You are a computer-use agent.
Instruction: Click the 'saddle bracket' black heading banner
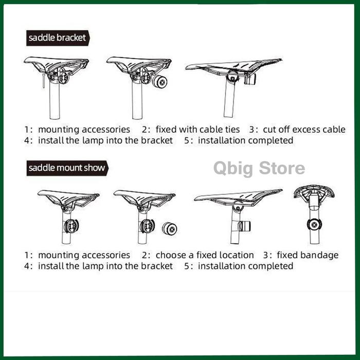58,38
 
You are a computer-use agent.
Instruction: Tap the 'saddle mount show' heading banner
67,168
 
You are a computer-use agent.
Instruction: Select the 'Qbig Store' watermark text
259,169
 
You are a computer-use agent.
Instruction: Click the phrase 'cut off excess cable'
304,130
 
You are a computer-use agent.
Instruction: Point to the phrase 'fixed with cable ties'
197,130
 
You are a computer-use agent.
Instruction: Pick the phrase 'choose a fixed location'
205,255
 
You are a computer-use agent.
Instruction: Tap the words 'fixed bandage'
308,255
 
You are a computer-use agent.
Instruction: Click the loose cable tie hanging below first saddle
44,81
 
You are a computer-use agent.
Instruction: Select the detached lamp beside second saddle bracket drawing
159,81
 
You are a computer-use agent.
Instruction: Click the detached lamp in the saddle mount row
169,228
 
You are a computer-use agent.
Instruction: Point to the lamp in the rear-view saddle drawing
314,225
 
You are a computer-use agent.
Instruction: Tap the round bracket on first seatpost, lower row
71,226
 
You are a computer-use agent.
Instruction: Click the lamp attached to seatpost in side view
244,226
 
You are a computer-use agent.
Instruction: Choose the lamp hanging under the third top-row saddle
250,79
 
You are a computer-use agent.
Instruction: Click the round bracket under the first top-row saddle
63,78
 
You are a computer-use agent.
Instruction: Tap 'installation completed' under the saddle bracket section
245,140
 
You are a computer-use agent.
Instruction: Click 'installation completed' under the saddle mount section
245,266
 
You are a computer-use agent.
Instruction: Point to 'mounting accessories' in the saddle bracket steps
84,130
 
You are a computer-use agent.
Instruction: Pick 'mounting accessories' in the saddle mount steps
84,255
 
